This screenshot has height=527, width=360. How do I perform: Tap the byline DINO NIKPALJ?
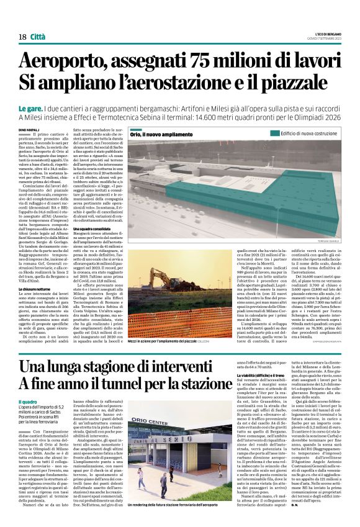29,128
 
